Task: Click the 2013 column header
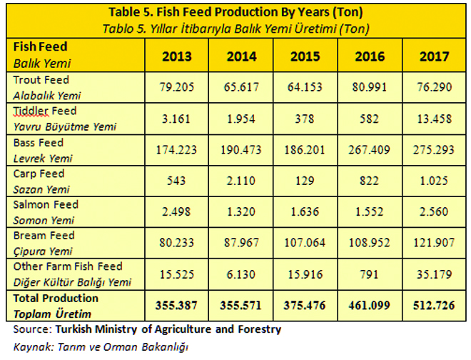[177, 56]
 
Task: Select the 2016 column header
[370, 56]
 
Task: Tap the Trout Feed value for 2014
[241, 87]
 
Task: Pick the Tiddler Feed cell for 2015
[305, 119]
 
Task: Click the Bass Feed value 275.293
[434, 150]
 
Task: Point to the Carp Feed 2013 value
[176, 181]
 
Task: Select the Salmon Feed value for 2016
[370, 211]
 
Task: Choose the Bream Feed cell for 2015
[305, 243]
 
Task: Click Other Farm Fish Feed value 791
[369, 274]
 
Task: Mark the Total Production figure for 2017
[434, 306]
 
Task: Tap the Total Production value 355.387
[176, 306]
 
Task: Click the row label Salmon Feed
[46, 204]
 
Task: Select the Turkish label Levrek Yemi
[43, 159]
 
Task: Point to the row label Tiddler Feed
[45, 111]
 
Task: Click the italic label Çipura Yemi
[43, 251]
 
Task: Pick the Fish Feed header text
[40, 47]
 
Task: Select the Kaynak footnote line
[101, 346]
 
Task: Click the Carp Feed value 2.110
[241, 181]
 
